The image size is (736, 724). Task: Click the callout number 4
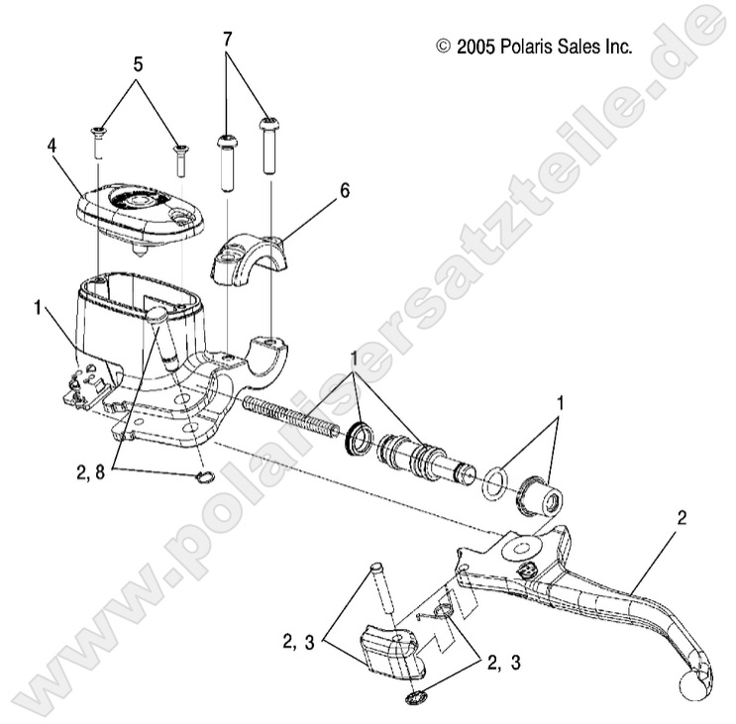53,145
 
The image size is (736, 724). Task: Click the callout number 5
138,64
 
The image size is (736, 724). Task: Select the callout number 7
228,39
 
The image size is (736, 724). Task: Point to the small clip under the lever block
412,699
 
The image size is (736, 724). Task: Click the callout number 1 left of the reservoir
37,307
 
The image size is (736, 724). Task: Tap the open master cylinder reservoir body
119,307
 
